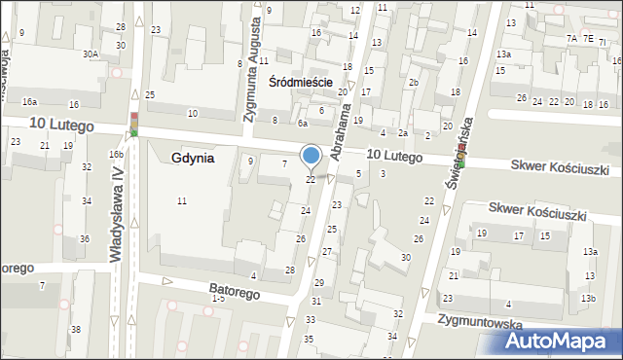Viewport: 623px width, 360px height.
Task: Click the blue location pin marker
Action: (x=311, y=156)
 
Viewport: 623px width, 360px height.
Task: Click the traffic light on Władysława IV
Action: (x=134, y=124)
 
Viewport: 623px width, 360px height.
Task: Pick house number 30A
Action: (x=91, y=54)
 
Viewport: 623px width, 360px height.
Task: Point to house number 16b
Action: (x=116, y=155)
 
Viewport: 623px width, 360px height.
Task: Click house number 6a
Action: (x=303, y=124)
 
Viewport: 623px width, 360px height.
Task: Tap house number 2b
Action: (x=414, y=82)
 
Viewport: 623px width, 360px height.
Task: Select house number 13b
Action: (x=588, y=298)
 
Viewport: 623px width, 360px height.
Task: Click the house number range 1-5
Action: (x=217, y=298)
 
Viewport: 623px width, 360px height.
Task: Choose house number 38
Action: (x=76, y=330)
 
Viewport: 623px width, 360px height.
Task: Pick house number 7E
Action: (x=587, y=38)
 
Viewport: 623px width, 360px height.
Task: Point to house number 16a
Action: (x=30, y=101)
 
